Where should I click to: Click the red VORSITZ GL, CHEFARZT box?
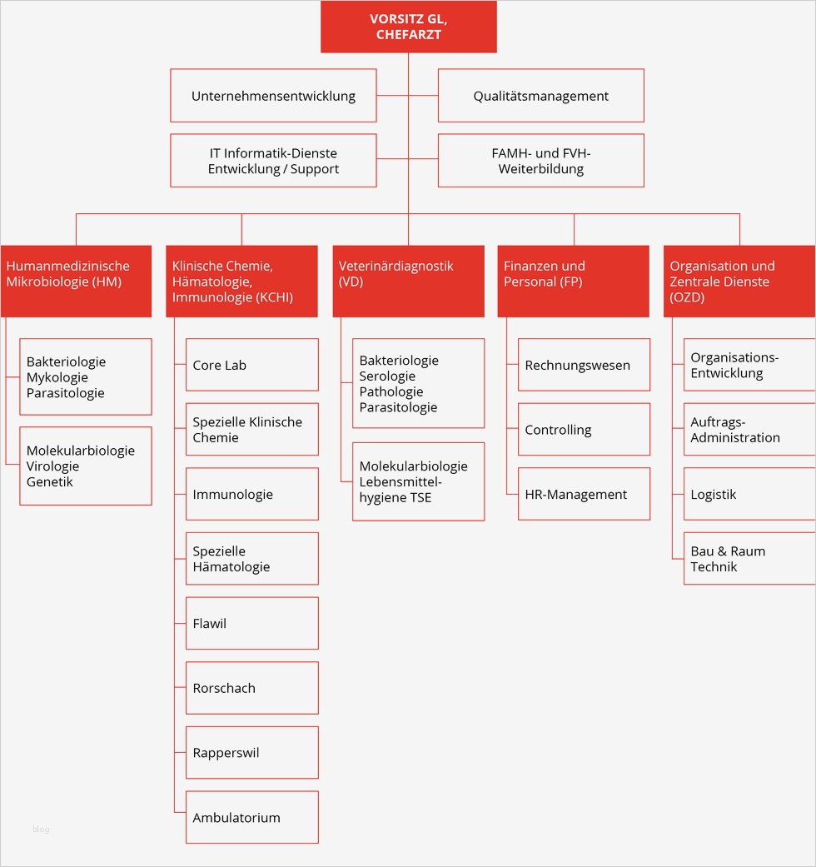click(408, 27)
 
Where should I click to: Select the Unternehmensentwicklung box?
click(273, 96)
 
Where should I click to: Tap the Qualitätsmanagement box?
click(540, 96)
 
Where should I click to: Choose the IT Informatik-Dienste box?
click(273, 161)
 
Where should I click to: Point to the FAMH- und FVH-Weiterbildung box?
click(540, 161)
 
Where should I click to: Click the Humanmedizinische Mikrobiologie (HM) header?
click(76, 281)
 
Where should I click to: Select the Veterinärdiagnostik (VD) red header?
click(408, 281)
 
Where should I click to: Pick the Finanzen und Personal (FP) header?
click(573, 281)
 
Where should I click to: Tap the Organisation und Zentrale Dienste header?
click(739, 281)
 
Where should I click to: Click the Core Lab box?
click(251, 365)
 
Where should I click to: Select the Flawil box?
click(251, 623)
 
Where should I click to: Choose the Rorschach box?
click(251, 688)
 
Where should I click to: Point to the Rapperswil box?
click(251, 753)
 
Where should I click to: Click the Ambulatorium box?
click(251, 817)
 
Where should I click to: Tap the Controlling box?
click(584, 430)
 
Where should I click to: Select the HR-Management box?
click(584, 494)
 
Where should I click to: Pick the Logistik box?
click(749, 494)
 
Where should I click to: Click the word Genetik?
click(50, 482)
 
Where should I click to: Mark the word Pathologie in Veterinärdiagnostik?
click(391, 392)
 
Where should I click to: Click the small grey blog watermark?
click(41, 830)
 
